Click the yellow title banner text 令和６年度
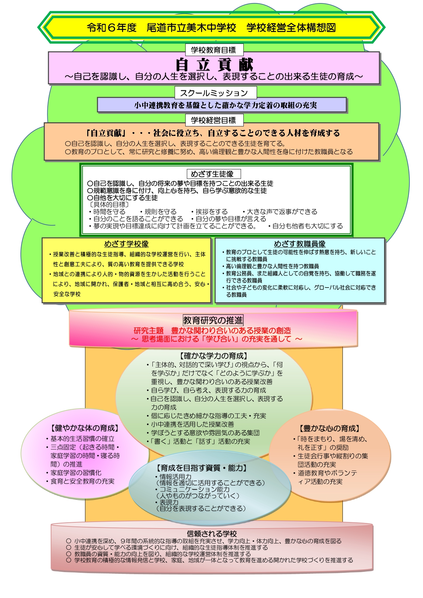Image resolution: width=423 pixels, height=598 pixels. click(x=112, y=28)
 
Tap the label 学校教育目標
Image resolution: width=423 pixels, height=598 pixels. click(x=214, y=50)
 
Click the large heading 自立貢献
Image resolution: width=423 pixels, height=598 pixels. click(x=214, y=64)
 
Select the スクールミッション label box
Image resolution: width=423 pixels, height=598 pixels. click(x=215, y=93)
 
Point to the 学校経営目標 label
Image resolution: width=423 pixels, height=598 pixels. click(x=214, y=120)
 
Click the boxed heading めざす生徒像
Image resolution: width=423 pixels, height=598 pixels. click(x=213, y=174)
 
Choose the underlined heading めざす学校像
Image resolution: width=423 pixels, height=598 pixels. click(x=126, y=244)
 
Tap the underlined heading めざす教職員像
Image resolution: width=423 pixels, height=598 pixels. click(x=300, y=244)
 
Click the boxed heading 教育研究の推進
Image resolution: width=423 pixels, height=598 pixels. click(x=213, y=320)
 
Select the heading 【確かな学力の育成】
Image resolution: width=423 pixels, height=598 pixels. click(x=213, y=356)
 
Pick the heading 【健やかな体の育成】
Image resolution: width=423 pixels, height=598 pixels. click(x=85, y=428)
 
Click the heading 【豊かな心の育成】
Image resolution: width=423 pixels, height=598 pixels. click(x=330, y=428)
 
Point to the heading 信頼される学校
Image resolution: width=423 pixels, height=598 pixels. click(x=212, y=534)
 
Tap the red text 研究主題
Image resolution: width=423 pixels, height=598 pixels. click(x=149, y=331)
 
